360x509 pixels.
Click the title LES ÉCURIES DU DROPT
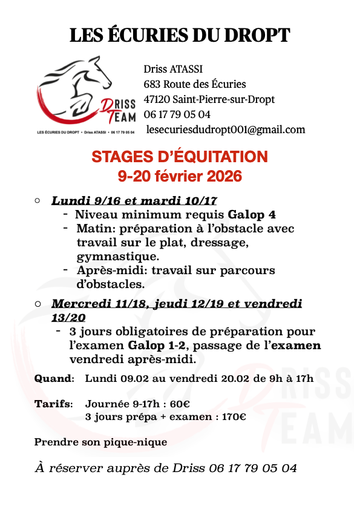click(180, 36)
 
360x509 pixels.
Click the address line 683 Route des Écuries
click(195, 84)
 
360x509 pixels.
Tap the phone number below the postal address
click(177, 114)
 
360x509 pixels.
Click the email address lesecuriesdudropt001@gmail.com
click(226, 130)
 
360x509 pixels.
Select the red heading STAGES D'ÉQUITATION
click(179, 157)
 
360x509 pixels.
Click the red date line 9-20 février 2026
click(179, 176)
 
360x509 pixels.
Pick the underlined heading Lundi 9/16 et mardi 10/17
click(134, 201)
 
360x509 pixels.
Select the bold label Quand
click(53, 379)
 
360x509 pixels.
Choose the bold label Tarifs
click(53, 404)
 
